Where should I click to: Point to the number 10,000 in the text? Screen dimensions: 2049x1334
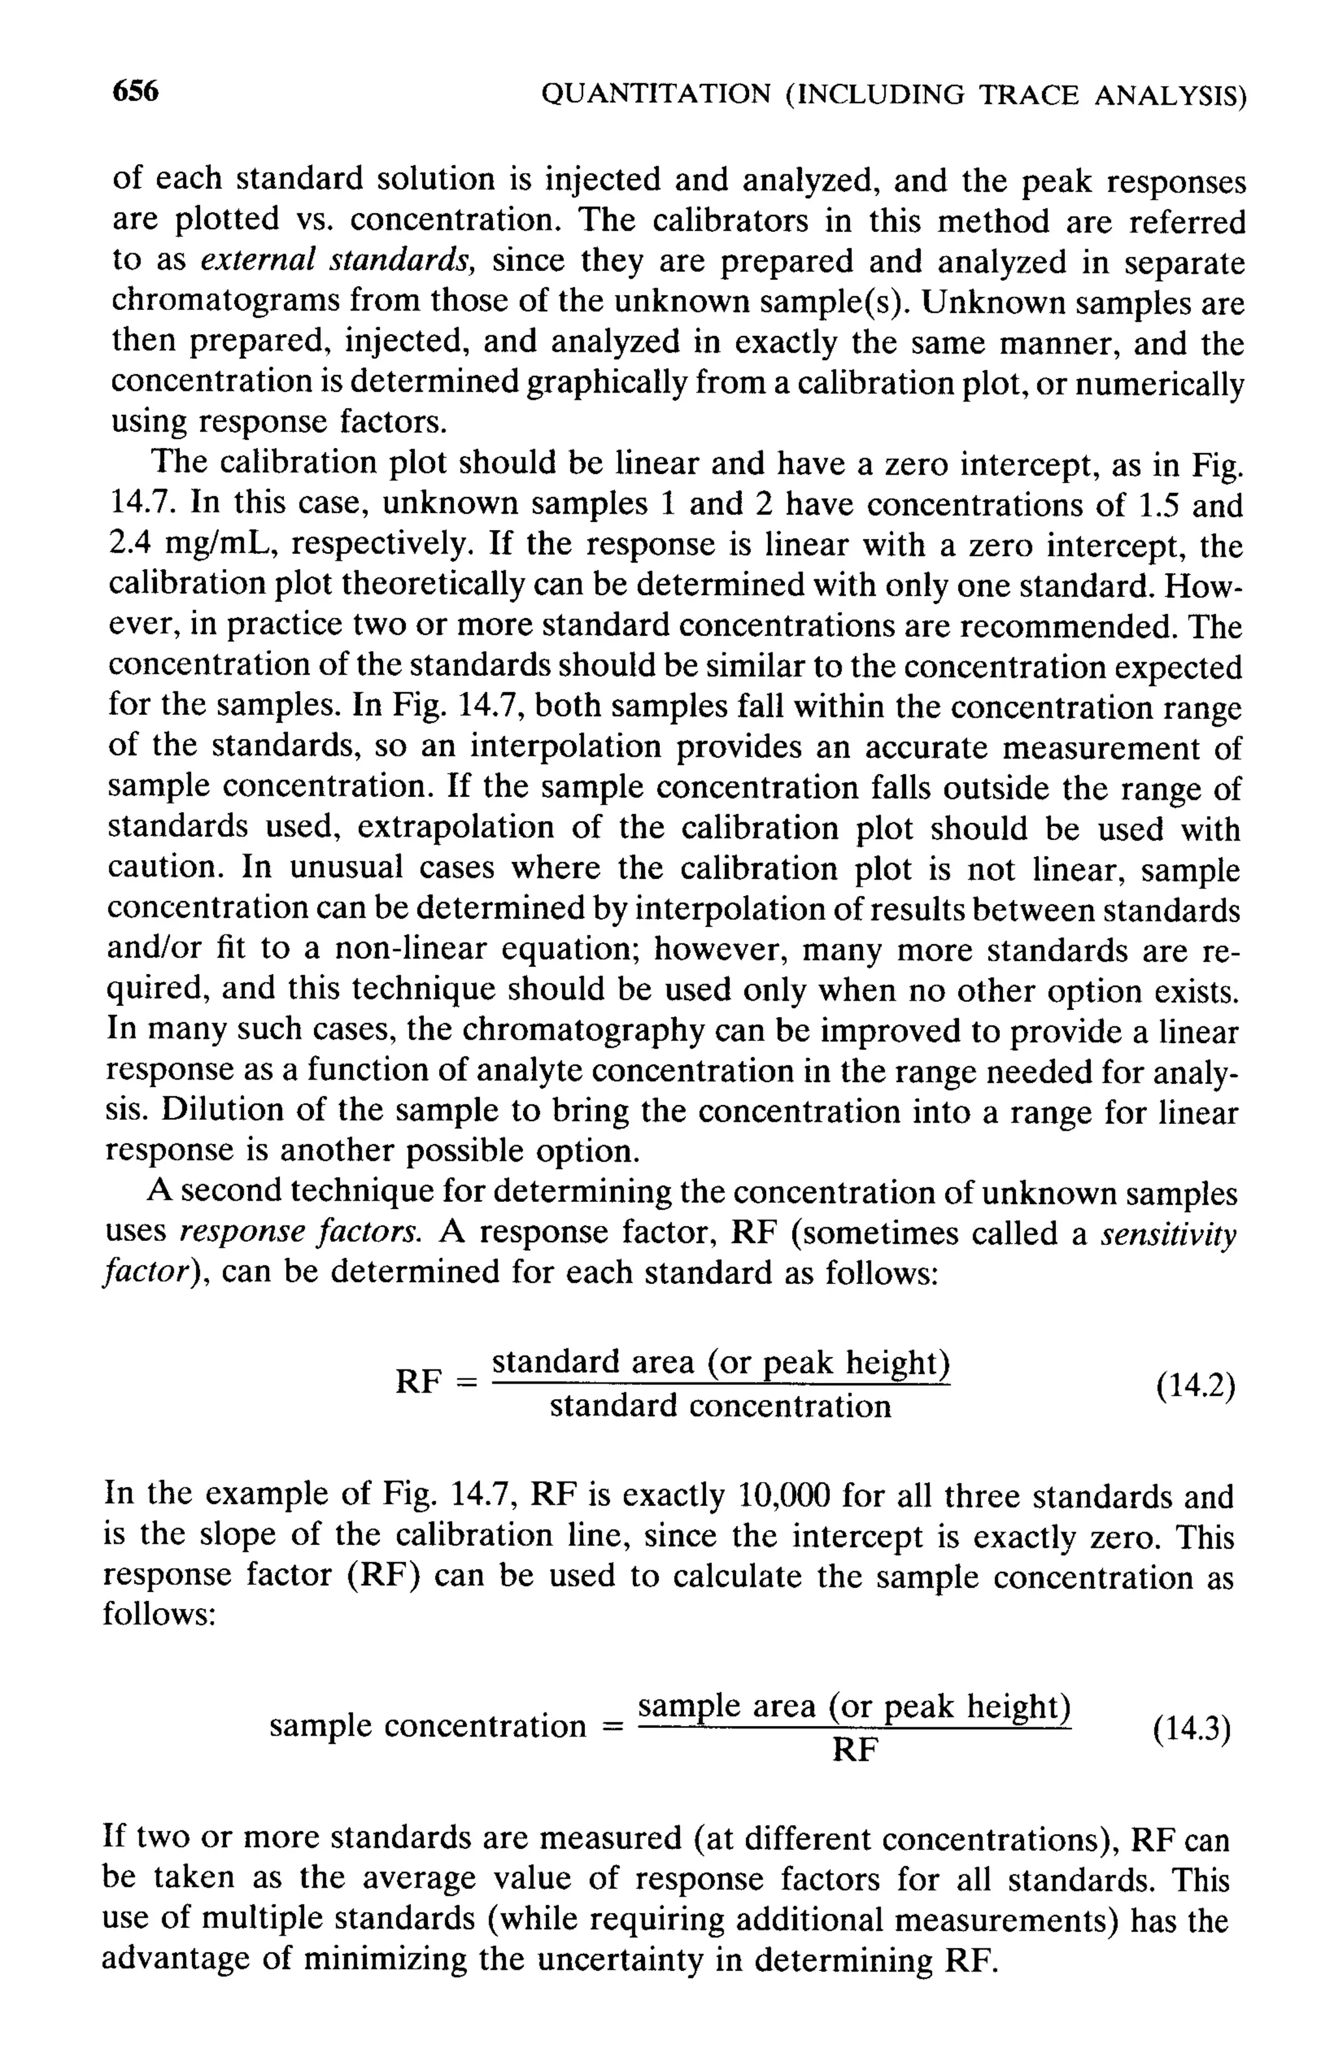(x=784, y=1496)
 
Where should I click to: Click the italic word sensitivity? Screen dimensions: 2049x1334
(x=1169, y=1234)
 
